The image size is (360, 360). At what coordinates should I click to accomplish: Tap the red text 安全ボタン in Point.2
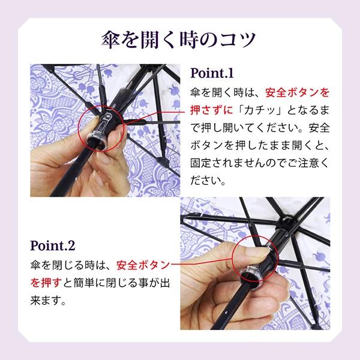click(143, 265)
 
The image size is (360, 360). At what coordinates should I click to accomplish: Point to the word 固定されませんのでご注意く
click(260, 163)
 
